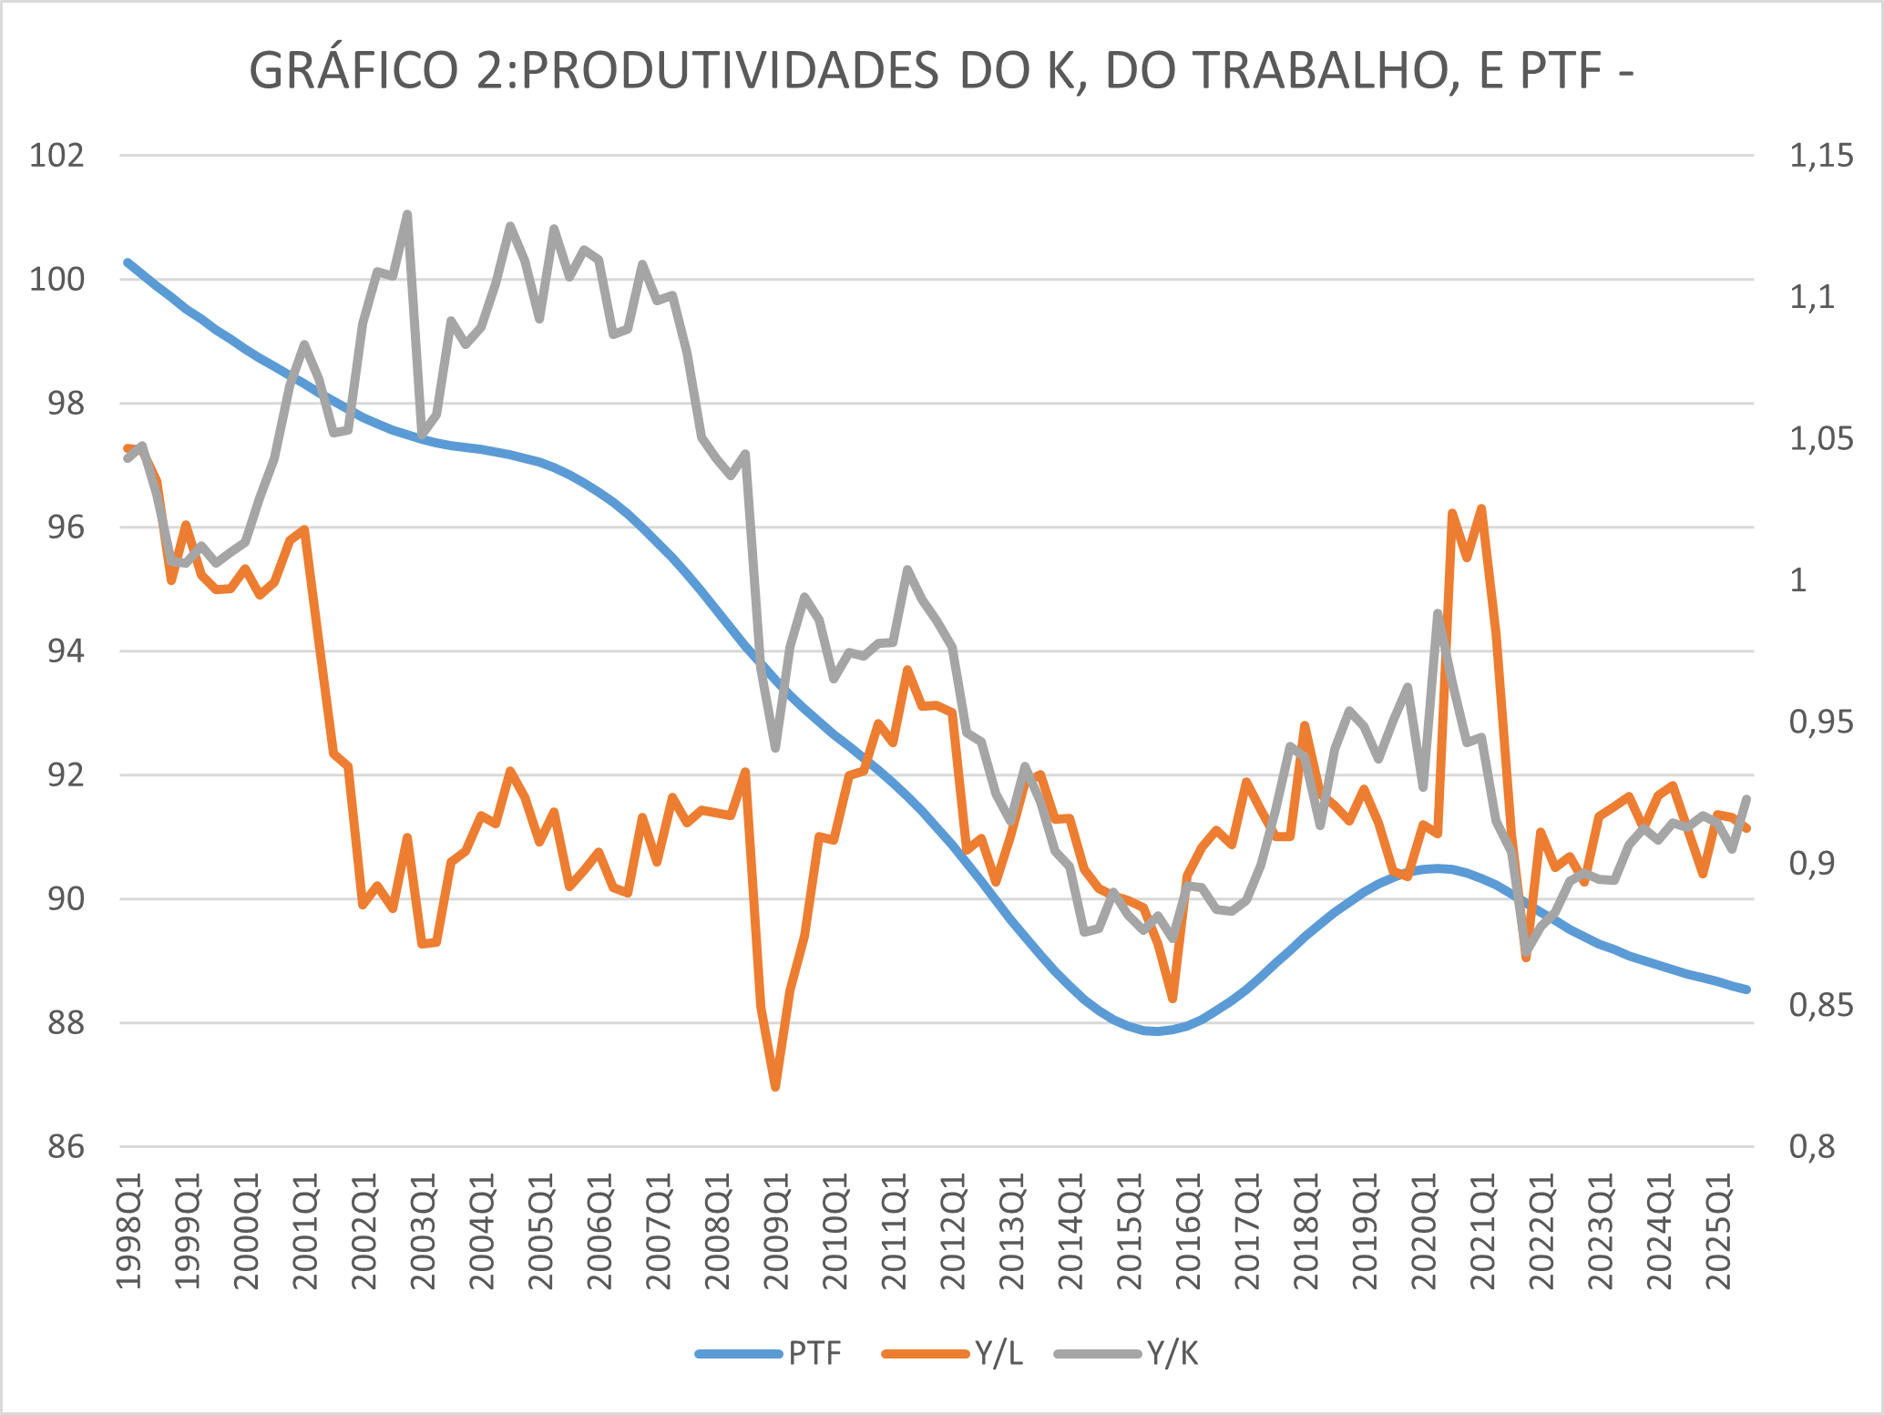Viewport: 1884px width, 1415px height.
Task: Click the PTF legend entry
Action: click(814, 1354)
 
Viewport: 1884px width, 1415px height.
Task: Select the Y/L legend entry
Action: click(998, 1354)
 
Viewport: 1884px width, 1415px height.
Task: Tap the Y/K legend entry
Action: click(1172, 1354)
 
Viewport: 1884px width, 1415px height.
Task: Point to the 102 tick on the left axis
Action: click(56, 156)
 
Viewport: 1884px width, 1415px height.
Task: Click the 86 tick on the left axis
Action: click(66, 1147)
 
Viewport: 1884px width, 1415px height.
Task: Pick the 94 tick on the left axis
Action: click(66, 651)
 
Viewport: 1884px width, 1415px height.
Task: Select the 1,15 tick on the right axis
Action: click(1820, 156)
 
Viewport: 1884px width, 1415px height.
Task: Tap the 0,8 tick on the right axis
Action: click(1811, 1147)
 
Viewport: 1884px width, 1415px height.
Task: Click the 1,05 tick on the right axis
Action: click(1820, 439)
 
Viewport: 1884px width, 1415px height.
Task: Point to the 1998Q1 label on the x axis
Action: click(130, 1230)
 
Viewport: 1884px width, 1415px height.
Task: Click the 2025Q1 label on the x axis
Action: click(1719, 1230)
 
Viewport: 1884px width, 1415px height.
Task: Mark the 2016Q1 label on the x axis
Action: click(1190, 1230)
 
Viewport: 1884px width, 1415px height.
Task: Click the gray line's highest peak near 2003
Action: click(407, 214)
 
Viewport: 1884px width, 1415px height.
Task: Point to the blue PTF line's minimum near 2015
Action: click(1155, 1031)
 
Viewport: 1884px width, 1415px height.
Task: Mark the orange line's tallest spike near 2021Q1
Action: click(1482, 508)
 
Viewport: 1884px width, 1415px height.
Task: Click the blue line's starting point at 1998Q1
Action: click(128, 262)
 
